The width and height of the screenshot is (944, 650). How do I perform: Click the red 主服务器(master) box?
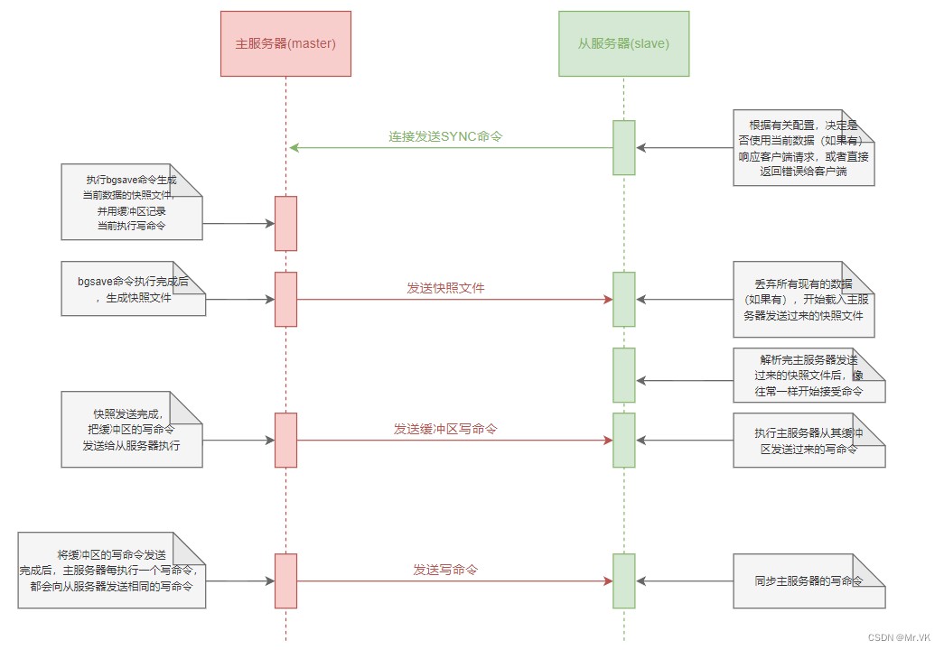tap(285, 43)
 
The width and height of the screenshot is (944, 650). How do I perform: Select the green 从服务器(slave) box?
tap(623, 43)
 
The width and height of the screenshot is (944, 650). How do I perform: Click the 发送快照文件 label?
tap(445, 288)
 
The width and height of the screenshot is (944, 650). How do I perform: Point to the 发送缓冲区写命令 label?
tap(445, 429)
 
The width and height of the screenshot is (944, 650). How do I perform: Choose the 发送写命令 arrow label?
tap(445, 570)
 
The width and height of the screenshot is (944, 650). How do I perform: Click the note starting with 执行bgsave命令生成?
tap(132, 202)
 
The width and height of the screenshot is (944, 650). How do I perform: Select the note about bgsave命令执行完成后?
tap(133, 289)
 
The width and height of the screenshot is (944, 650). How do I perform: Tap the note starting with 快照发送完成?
tap(132, 430)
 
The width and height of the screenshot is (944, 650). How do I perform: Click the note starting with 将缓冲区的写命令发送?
tap(112, 570)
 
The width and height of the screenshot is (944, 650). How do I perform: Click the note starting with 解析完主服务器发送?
tap(808, 375)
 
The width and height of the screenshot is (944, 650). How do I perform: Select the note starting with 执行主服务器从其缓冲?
tap(808, 441)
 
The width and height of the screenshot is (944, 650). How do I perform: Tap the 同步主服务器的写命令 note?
tap(808, 580)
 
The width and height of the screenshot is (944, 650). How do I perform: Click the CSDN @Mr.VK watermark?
tap(902, 636)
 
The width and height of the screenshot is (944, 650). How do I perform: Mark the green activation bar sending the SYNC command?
tap(623, 147)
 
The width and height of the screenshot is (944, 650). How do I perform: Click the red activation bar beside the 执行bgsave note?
tap(285, 223)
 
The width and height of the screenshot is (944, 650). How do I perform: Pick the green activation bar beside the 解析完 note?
tap(623, 375)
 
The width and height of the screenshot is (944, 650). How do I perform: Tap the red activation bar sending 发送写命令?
tap(285, 580)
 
